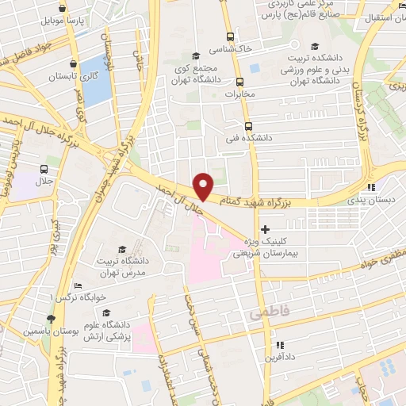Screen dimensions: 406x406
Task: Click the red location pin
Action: pyautogui.click(x=204, y=185)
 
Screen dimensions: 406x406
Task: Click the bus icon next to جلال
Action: pyautogui.click(x=43, y=169)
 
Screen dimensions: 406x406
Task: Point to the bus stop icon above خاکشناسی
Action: pyautogui.click(x=230, y=36)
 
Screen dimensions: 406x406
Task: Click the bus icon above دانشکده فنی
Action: pyautogui.click(x=248, y=126)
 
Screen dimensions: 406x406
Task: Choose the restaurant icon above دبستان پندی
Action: pyautogui.click(x=370, y=188)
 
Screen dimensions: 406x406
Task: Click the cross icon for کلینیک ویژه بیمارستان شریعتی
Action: pyautogui.click(x=264, y=230)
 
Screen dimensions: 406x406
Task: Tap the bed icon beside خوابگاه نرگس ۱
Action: pyautogui.click(x=78, y=286)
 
